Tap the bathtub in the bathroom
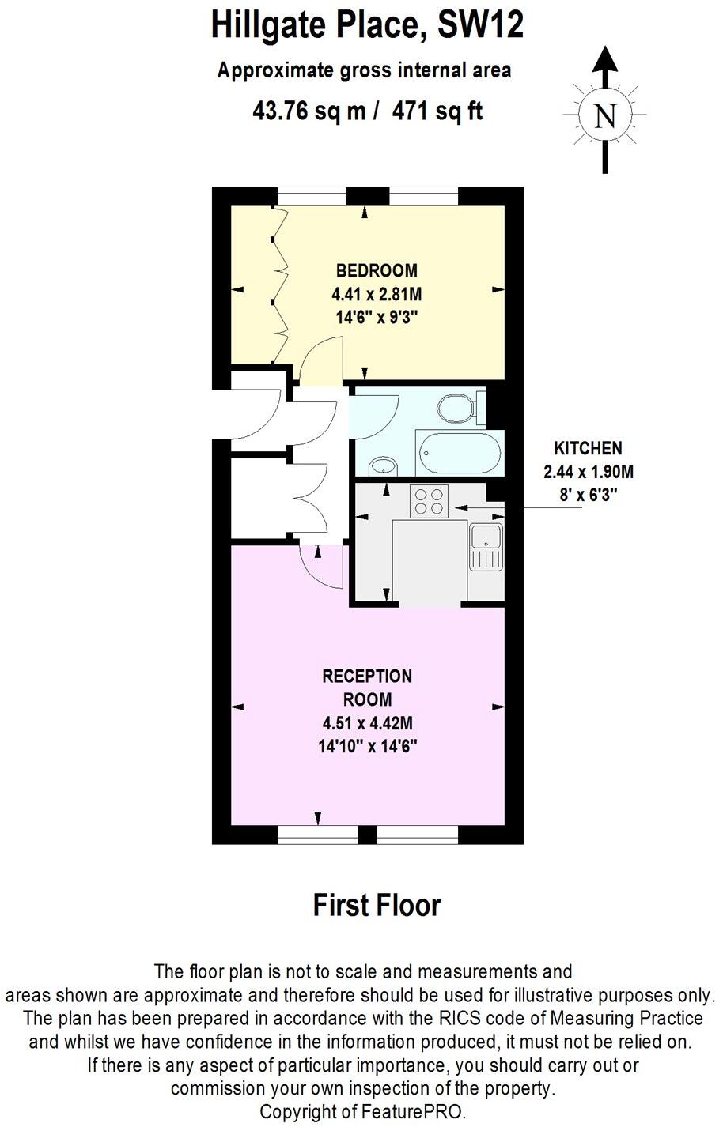[460, 454]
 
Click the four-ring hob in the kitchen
[429, 501]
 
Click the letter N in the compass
[605, 117]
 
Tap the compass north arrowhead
[605, 59]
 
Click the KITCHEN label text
[588, 448]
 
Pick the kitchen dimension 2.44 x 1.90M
[588, 473]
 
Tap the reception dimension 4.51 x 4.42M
[368, 722]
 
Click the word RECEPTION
[367, 677]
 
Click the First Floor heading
[377, 905]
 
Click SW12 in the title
[481, 26]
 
